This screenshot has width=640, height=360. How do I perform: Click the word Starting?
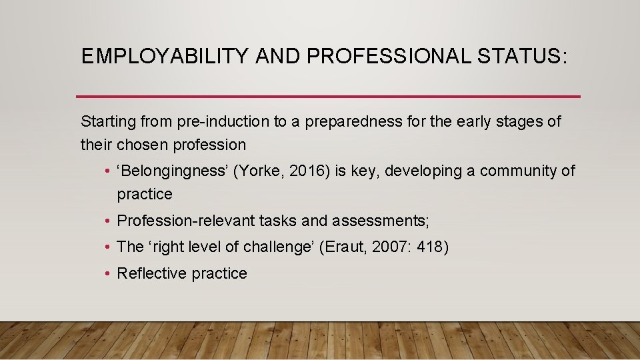108,122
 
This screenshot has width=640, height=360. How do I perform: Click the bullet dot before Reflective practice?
107,273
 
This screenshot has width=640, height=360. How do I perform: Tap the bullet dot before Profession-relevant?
107,221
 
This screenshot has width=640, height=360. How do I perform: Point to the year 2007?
386,247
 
